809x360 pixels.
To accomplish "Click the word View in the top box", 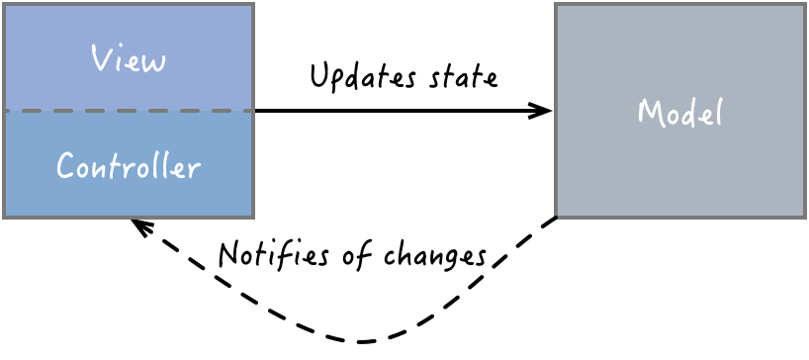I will tap(129, 59).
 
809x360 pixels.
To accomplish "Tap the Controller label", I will tap(129, 165).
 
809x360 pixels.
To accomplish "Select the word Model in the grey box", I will tap(679, 112).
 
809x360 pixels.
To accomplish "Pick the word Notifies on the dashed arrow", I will tap(273, 254).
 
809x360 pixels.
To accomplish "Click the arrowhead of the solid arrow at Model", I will tap(543, 111).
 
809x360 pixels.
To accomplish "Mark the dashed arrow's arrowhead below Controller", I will tap(139, 226).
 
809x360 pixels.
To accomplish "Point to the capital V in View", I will tap(100, 58).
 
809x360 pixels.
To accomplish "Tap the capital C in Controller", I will tap(66, 166).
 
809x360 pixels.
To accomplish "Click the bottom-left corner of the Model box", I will tap(557, 217).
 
